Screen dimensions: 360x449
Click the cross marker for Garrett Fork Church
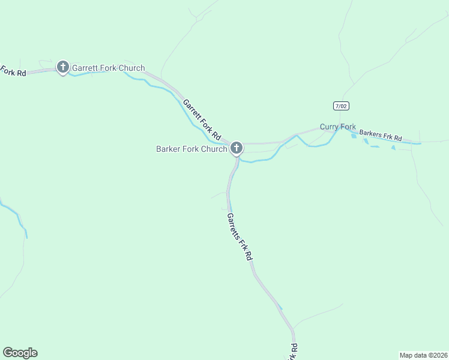[63, 67]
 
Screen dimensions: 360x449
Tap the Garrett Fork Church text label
[108, 68]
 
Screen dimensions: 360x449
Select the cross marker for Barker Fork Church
[237, 147]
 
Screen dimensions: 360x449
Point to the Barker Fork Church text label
[191, 149]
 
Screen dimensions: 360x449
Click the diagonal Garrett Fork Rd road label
[202, 119]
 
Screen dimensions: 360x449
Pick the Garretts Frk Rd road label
[240, 236]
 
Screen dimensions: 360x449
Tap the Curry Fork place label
[337, 127]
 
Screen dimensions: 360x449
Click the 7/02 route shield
[341, 106]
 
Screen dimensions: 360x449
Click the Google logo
[20, 353]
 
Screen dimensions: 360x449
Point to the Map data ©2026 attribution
[424, 355]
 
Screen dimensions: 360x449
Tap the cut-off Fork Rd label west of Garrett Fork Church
[13, 71]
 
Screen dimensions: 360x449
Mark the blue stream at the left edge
[15, 216]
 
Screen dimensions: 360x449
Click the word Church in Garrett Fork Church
[131, 68]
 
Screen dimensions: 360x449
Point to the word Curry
[329, 127]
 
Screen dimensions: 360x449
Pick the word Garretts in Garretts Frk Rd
[235, 226]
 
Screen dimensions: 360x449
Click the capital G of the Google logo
[8, 352]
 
